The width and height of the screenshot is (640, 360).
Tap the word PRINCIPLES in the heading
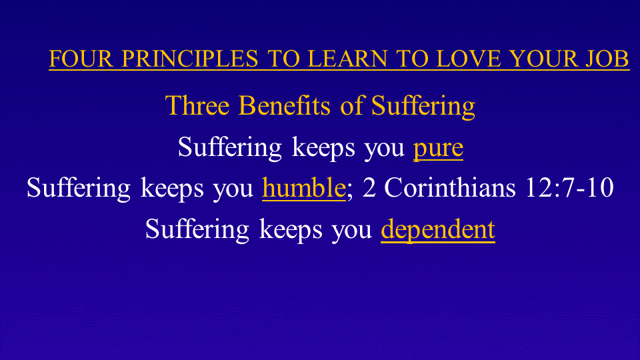click(x=190, y=59)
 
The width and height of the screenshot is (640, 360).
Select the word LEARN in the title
click(x=347, y=59)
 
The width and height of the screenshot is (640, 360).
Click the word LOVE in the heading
click(x=469, y=59)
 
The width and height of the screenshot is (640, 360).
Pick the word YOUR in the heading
click(x=544, y=59)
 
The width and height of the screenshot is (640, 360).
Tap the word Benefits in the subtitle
click(x=285, y=105)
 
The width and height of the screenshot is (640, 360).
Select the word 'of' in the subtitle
click(x=351, y=105)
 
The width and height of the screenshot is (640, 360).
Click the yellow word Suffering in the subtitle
click(x=423, y=107)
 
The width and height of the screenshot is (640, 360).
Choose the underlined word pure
click(x=438, y=149)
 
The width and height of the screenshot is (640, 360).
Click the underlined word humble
click(x=304, y=188)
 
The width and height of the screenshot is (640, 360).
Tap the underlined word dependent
click(x=438, y=229)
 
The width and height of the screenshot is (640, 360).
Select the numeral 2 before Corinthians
click(x=369, y=188)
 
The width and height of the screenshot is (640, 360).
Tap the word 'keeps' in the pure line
click(x=323, y=148)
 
